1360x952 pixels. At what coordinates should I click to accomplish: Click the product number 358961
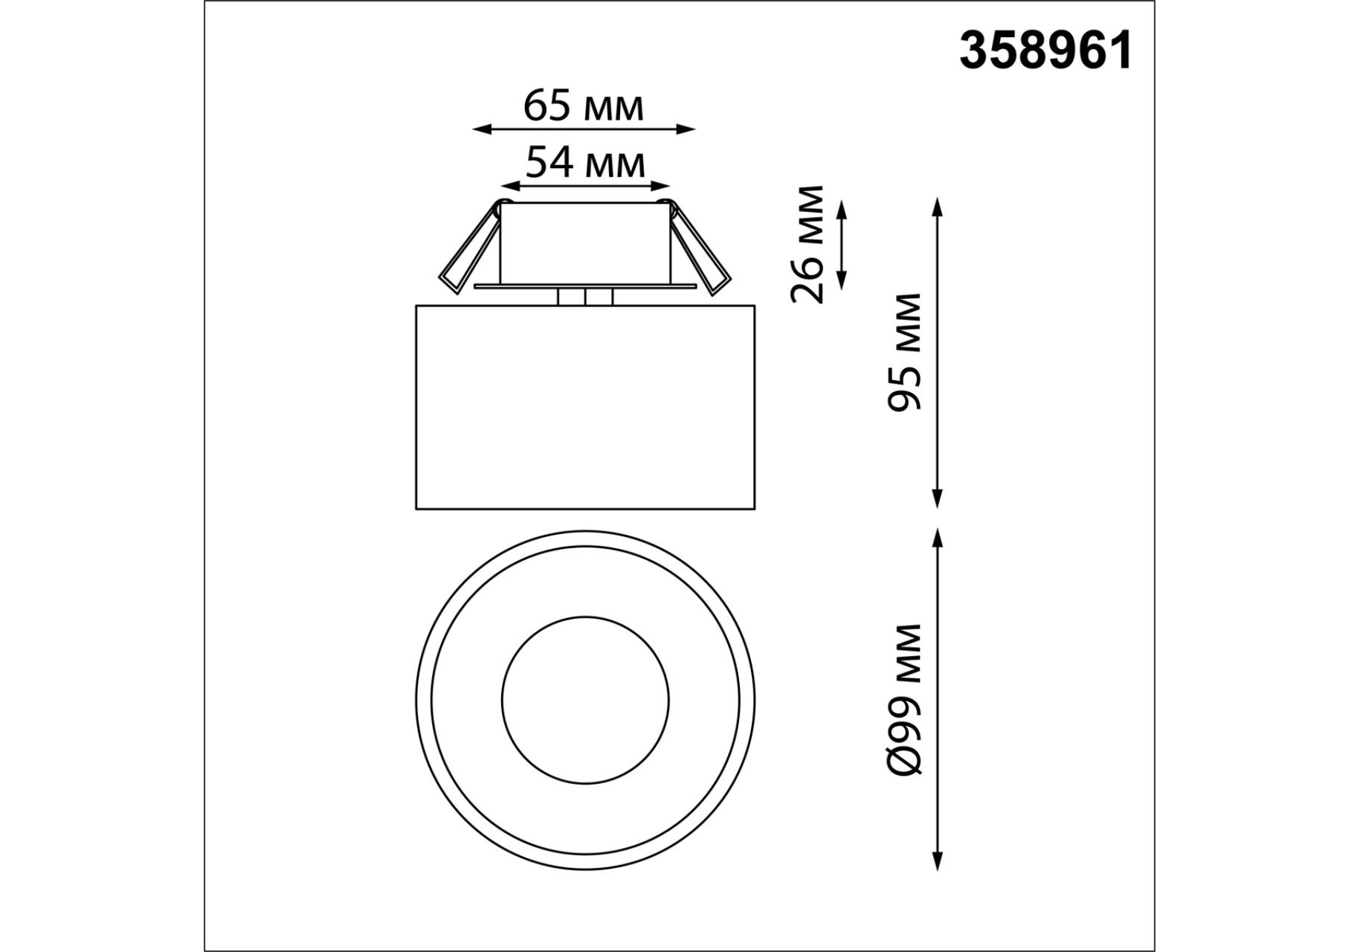pos(1045,51)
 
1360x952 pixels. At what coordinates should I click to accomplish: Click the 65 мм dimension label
pos(584,106)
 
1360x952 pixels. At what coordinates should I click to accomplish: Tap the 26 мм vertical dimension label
pos(808,244)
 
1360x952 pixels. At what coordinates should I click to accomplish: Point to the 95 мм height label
pos(904,352)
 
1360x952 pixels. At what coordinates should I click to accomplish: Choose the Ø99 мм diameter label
pos(904,700)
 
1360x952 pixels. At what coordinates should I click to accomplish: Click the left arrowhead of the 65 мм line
pos(482,129)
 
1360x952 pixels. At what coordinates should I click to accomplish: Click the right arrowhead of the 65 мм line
pos(686,129)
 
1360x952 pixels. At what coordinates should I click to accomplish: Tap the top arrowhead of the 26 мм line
pos(842,208)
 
